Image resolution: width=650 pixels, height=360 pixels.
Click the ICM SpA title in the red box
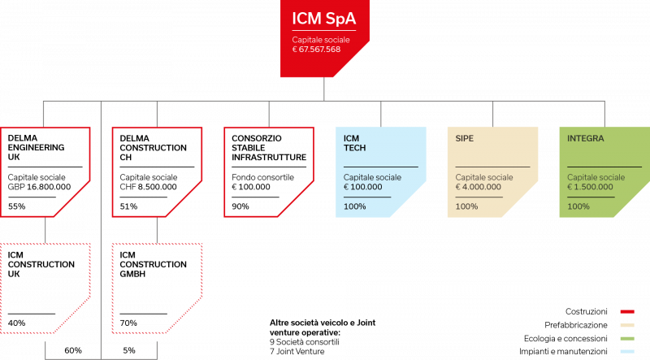pyautogui.click(x=323, y=16)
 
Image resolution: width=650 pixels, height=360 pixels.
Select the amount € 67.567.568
pyautogui.click(x=316, y=50)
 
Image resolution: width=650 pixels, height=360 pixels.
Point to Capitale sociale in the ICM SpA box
pyautogui.click(x=321, y=39)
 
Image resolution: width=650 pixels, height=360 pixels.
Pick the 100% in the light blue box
pyautogui.click(x=354, y=206)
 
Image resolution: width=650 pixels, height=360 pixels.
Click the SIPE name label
pyautogui.click(x=464, y=138)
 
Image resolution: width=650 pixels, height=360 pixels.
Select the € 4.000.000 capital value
pyautogui.click(x=478, y=187)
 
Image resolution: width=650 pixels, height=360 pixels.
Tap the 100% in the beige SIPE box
pyautogui.click(x=466, y=206)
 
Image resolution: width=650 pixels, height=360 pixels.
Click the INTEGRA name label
pyautogui.click(x=585, y=138)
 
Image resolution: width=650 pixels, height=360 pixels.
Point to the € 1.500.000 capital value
pyautogui.click(x=590, y=187)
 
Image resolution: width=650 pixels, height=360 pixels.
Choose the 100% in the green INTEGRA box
pyautogui.click(x=578, y=206)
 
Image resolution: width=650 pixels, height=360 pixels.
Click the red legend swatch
pyautogui.click(x=626, y=311)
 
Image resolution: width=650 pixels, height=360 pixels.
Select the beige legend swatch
pyautogui.click(x=626, y=325)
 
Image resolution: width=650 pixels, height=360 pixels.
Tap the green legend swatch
pyautogui.click(x=626, y=338)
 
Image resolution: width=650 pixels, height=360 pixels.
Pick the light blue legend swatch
pyautogui.click(x=626, y=351)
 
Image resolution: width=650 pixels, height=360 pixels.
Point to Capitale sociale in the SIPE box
pyautogui.click(x=483, y=177)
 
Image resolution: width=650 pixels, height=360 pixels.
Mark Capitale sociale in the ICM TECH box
pyautogui.click(x=373, y=177)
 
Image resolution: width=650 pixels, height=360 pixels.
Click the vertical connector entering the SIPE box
pyautogui.click(x=492, y=113)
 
